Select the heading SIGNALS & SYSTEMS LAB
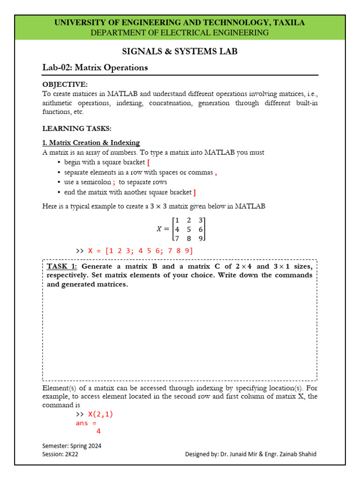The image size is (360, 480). click(x=180, y=52)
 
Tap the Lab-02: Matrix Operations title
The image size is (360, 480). click(x=95, y=67)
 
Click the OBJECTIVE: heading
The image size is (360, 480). click(x=65, y=84)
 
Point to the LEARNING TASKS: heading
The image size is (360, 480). click(x=77, y=128)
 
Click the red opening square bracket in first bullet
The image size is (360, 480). click(x=148, y=162)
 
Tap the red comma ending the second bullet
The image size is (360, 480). click(x=216, y=172)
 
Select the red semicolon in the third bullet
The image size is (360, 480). click(x=114, y=182)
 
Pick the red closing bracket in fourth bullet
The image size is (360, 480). click(x=195, y=192)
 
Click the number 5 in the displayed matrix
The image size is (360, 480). click(x=188, y=229)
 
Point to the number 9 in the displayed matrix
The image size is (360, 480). click(x=201, y=238)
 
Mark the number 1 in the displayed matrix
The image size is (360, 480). click(x=177, y=220)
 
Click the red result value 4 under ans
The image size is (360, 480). click(x=98, y=432)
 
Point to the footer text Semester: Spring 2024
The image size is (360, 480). click(x=72, y=446)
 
